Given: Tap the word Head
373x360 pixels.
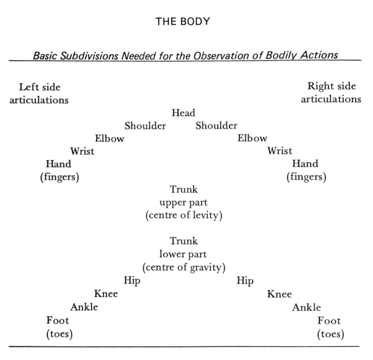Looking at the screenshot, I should click(184, 113).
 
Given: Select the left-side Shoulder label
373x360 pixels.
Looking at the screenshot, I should click(145, 126).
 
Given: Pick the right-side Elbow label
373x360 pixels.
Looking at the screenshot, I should click(252, 138).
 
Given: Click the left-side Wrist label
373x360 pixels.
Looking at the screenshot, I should click(83, 151).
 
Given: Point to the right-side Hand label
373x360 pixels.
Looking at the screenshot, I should click(305, 164).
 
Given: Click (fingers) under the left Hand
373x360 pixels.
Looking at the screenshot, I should click(60, 177).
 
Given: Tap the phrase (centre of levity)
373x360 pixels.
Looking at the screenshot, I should click(184, 216).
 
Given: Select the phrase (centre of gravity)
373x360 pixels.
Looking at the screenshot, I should click(184, 267).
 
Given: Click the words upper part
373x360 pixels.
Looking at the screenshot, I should click(184, 203).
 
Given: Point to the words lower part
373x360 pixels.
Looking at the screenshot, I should click(184, 254).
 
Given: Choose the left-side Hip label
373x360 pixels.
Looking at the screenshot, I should click(132, 281).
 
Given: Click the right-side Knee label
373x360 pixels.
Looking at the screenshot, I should click(279, 294).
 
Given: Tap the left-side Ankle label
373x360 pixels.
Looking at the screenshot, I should click(84, 307).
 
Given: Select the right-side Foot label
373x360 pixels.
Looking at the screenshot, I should click(329, 320).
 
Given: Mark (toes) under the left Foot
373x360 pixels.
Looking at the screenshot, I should click(60, 334).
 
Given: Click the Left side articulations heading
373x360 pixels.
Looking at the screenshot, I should click(39, 93).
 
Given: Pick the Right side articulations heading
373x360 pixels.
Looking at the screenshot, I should click(332, 92).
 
